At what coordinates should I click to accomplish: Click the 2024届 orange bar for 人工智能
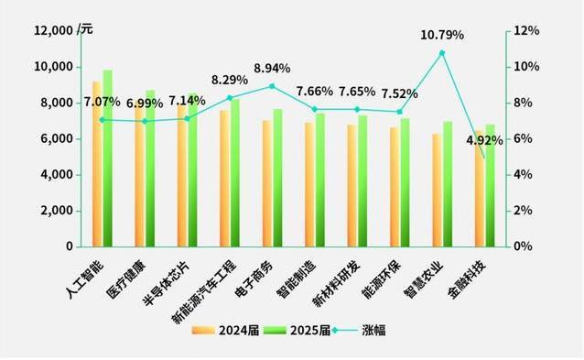pyautogui.click(x=97, y=165)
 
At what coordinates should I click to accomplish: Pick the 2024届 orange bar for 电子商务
pyautogui.click(x=267, y=183)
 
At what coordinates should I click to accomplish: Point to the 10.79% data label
pyautogui.click(x=442, y=35)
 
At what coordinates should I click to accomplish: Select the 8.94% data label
pyautogui.click(x=272, y=68)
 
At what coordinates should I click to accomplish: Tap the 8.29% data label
pyautogui.click(x=230, y=81)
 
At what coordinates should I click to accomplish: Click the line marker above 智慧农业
pyautogui.click(x=442, y=52)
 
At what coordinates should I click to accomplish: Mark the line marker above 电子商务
pyautogui.click(x=272, y=86)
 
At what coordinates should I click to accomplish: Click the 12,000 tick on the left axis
pyautogui.click(x=52, y=30)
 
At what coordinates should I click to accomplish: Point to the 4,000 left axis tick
pyautogui.click(x=57, y=174)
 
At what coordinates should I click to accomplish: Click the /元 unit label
pyautogui.click(x=85, y=30)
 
